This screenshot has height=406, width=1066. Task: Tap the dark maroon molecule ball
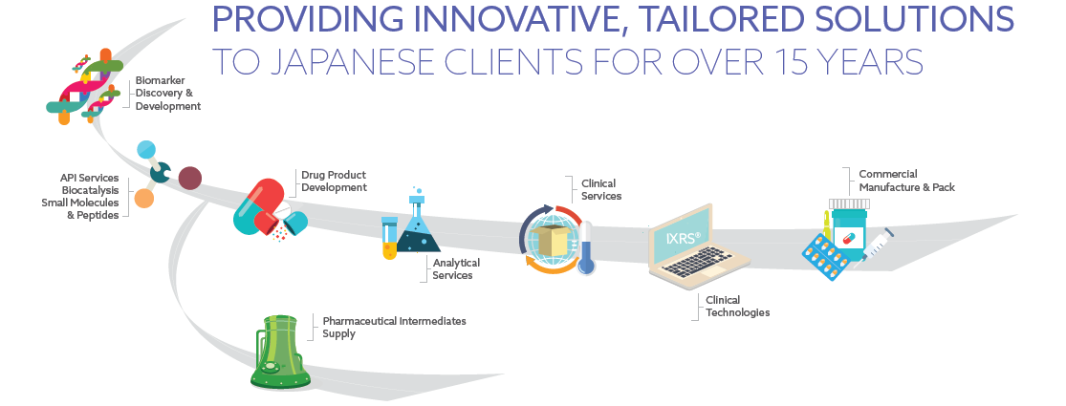(x=190, y=178)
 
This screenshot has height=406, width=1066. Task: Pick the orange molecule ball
(x=143, y=199)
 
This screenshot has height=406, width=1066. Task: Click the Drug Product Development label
(x=334, y=182)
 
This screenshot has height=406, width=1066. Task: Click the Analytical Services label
(x=456, y=268)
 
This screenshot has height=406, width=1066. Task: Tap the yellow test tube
(x=389, y=239)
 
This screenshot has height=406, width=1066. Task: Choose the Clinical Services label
(x=601, y=189)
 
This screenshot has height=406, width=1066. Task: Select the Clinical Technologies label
(x=737, y=307)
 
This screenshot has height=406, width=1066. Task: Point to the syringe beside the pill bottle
(x=878, y=245)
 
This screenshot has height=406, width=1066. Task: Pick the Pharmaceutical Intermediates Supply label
(x=394, y=327)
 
